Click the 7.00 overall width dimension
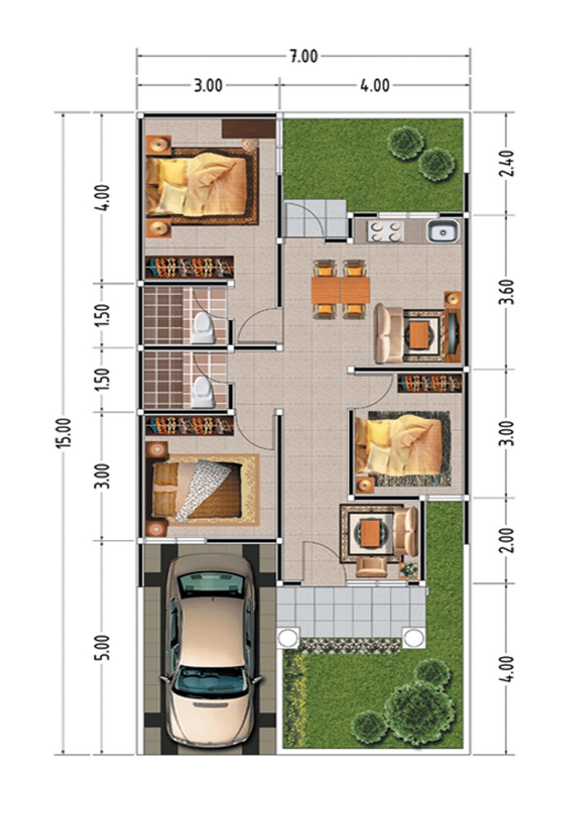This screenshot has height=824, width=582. click(x=304, y=56)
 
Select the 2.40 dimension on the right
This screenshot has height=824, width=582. click(x=506, y=164)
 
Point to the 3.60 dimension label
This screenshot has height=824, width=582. click(x=506, y=292)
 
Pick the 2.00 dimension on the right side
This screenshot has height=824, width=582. click(x=506, y=539)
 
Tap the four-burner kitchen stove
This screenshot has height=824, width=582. click(x=386, y=231)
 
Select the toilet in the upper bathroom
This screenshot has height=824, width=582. click(x=203, y=328)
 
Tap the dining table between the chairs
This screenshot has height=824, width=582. click(x=340, y=290)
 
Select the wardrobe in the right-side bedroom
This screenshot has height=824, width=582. click(x=430, y=383)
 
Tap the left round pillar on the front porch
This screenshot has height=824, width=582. click(x=288, y=638)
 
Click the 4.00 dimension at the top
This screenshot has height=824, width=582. click(x=375, y=85)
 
